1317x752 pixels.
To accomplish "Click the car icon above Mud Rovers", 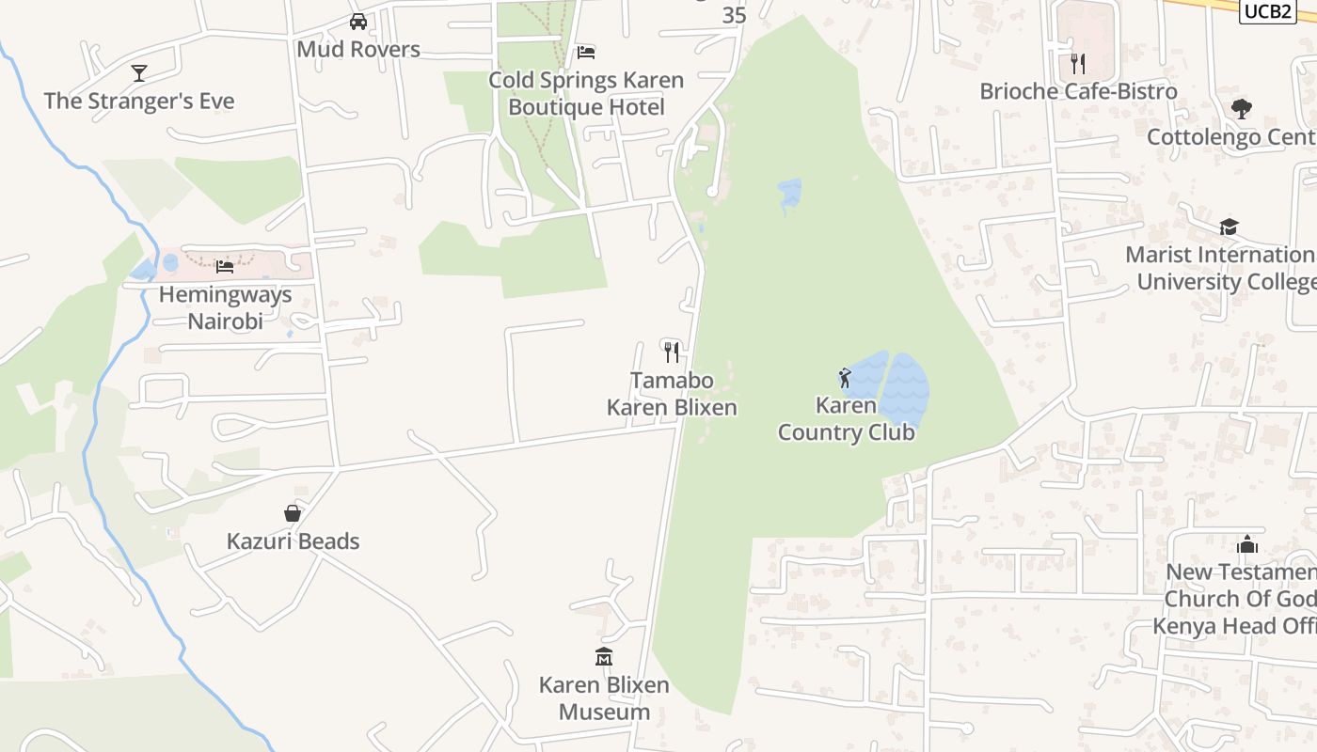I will pyautogui.click(x=358, y=22).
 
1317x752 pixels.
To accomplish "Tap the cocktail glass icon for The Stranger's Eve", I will pyautogui.click(x=139, y=72).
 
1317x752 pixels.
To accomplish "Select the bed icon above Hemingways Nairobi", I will pyautogui.click(x=224, y=266).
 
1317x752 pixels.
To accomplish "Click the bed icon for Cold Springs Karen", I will pyautogui.click(x=586, y=52).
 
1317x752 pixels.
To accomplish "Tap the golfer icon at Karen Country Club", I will pyautogui.click(x=845, y=378).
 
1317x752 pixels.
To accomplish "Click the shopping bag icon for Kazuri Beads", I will pyautogui.click(x=293, y=513).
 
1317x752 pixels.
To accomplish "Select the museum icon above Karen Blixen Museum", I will pyautogui.click(x=604, y=656).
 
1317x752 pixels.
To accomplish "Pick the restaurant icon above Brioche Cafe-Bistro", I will pyautogui.click(x=1078, y=63).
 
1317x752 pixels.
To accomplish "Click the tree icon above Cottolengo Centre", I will pyautogui.click(x=1242, y=109).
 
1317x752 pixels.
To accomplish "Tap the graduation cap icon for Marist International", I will pyautogui.click(x=1229, y=227).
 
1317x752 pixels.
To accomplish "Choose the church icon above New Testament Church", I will pyautogui.click(x=1247, y=544).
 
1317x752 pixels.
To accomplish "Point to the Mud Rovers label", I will pyautogui.click(x=358, y=49).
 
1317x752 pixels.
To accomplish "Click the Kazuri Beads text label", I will pyautogui.click(x=293, y=541).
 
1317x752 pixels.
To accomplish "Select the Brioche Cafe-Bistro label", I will pyautogui.click(x=1078, y=91).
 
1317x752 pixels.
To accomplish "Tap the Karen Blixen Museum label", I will pyautogui.click(x=604, y=697).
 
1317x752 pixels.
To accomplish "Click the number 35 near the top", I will pyautogui.click(x=734, y=15).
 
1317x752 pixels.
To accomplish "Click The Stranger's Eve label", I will pyautogui.click(x=139, y=101).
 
